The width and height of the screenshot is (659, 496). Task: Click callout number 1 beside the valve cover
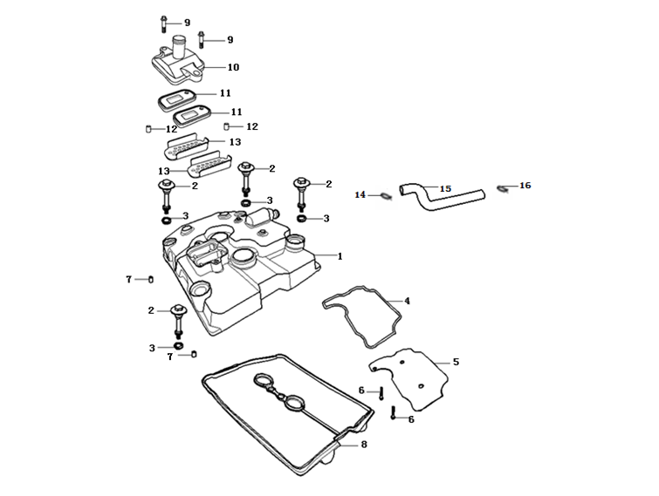(340, 256)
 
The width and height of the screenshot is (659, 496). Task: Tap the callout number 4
(407, 301)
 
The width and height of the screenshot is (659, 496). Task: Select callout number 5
(456, 360)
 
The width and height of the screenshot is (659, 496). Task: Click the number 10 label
(233, 67)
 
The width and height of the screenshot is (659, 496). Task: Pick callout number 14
(359, 194)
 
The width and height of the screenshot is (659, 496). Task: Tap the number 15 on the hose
(445, 188)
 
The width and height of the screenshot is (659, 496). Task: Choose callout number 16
(525, 186)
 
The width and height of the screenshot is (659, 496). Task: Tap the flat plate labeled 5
(410, 375)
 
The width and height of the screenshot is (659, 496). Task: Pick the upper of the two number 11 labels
(224, 92)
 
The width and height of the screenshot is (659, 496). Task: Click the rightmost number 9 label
(230, 40)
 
